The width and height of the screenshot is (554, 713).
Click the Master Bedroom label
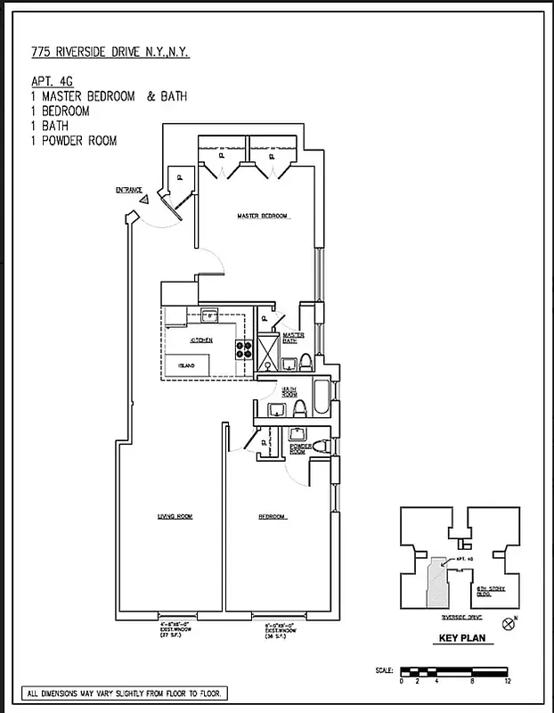click(x=264, y=216)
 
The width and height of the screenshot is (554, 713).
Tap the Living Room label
click(x=175, y=516)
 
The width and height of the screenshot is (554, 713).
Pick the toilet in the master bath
click(x=306, y=362)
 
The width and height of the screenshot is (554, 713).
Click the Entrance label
click(x=129, y=190)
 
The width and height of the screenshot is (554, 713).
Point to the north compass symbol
click(x=509, y=623)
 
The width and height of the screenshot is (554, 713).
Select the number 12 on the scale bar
click(x=507, y=681)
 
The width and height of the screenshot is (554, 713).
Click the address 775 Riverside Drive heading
click(x=102, y=53)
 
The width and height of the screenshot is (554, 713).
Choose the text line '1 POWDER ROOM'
click(x=73, y=141)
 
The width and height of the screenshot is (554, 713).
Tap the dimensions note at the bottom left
click(x=126, y=693)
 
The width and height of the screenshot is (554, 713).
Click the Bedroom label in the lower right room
click(x=271, y=517)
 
